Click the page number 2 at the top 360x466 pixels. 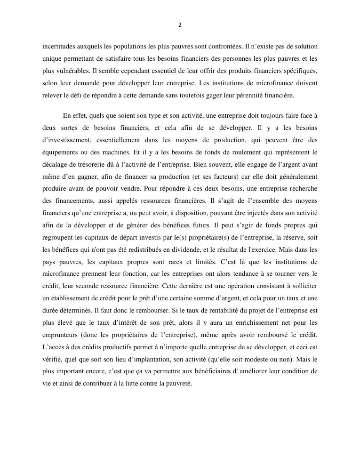point(180,25)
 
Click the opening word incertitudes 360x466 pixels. point(58,47)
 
